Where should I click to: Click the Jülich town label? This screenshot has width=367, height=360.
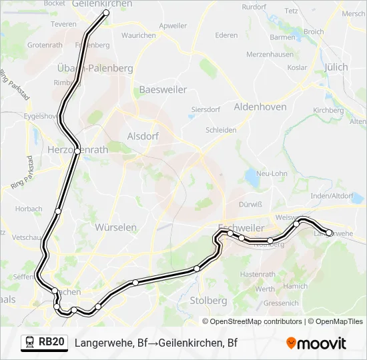tap(336, 67)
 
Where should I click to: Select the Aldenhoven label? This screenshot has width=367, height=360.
tap(260, 107)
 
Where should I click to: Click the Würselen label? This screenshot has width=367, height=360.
tap(115, 227)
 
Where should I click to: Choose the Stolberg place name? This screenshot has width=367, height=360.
tap(208, 301)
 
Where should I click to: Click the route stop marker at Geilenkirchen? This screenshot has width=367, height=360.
tap(106, 13)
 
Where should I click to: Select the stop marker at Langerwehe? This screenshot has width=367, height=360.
tap(329, 233)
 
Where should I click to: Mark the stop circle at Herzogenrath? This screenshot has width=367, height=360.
tap(78, 151)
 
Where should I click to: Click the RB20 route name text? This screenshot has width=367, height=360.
tap(51, 343)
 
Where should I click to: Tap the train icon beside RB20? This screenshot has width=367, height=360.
tap(30, 343)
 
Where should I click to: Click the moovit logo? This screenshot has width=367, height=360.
tap(316, 343)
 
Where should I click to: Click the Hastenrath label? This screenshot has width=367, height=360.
tap(257, 275)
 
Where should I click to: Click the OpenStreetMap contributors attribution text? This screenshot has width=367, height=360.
tap(256, 321)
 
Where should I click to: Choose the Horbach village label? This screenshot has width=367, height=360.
tap(29, 209)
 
